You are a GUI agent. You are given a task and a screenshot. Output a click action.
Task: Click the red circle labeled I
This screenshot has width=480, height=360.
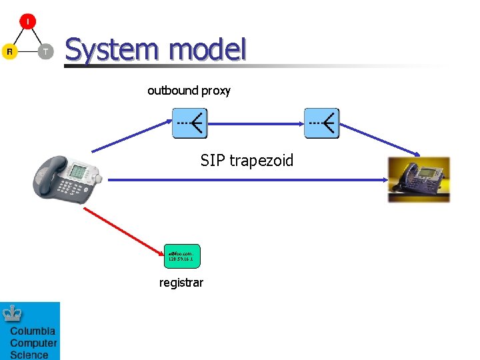(27, 21)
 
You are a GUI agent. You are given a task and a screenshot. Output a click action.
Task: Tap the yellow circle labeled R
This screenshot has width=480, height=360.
(9, 51)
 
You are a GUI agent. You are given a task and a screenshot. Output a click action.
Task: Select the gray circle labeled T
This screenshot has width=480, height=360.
(45, 51)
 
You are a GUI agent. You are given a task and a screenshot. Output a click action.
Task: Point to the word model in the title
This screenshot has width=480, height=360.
(207, 50)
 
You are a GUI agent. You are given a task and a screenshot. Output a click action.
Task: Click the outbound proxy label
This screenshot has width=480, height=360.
(189, 91)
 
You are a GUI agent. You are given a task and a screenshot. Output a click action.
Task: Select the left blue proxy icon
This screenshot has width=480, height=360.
(190, 123)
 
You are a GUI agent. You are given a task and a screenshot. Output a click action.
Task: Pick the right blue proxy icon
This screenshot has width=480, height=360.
(322, 123)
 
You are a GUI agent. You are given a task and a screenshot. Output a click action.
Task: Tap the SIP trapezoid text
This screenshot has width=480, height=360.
(247, 161)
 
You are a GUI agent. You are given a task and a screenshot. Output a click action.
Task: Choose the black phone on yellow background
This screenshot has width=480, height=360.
(419, 179)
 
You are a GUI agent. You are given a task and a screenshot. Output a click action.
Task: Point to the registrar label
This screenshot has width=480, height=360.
(181, 283)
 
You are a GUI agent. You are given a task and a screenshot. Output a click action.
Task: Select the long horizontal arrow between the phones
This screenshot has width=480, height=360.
(247, 180)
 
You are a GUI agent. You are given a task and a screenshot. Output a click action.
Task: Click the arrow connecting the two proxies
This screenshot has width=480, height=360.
(256, 123)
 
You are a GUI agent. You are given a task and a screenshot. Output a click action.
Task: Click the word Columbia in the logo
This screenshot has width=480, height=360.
(33, 331)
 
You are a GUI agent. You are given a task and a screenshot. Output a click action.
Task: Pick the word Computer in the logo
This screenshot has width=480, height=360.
(33, 343)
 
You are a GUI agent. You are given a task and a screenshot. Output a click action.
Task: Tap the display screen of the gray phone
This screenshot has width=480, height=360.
(79, 171)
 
